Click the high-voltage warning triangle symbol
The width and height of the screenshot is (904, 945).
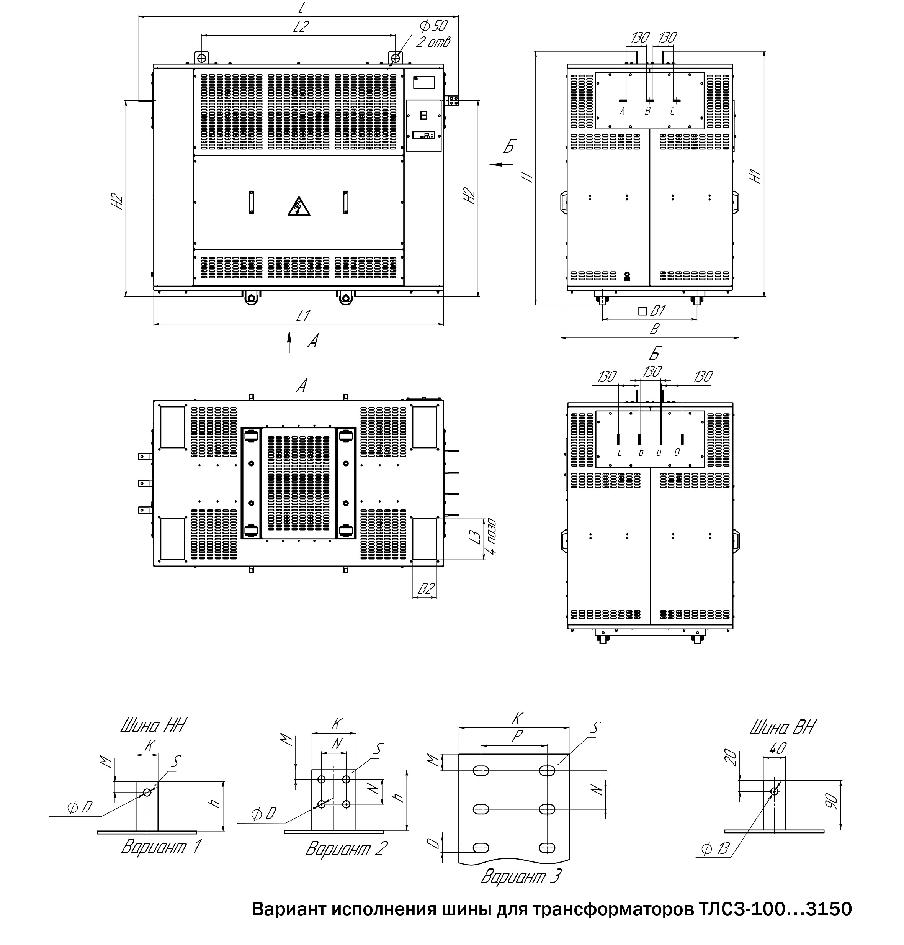click(299, 206)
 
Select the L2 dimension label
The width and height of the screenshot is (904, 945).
click(301, 26)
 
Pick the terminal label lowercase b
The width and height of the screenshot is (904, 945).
click(641, 453)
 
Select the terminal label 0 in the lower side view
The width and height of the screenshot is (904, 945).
click(677, 452)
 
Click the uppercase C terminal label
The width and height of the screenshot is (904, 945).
click(673, 111)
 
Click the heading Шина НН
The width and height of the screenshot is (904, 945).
click(153, 726)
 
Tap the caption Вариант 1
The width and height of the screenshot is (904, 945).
click(161, 847)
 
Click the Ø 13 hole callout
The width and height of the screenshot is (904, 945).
click(716, 862)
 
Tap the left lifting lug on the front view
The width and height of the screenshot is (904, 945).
click(201, 57)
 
